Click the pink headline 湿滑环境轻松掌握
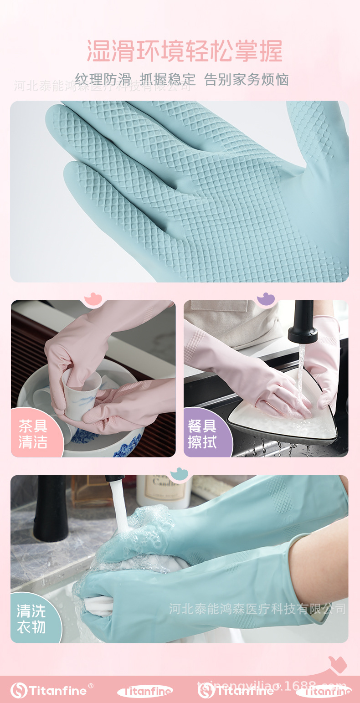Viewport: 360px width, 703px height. point(185,51)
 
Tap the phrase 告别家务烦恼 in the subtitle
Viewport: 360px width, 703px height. point(247,79)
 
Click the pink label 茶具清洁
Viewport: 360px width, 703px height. point(33,434)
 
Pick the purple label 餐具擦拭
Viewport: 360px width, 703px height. point(202,434)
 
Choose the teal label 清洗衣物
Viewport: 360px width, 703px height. point(31,619)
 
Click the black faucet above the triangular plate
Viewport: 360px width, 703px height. point(303,322)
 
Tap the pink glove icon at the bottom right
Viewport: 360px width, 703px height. point(338,664)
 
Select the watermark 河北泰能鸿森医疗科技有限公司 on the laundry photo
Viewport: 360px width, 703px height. point(257,609)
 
